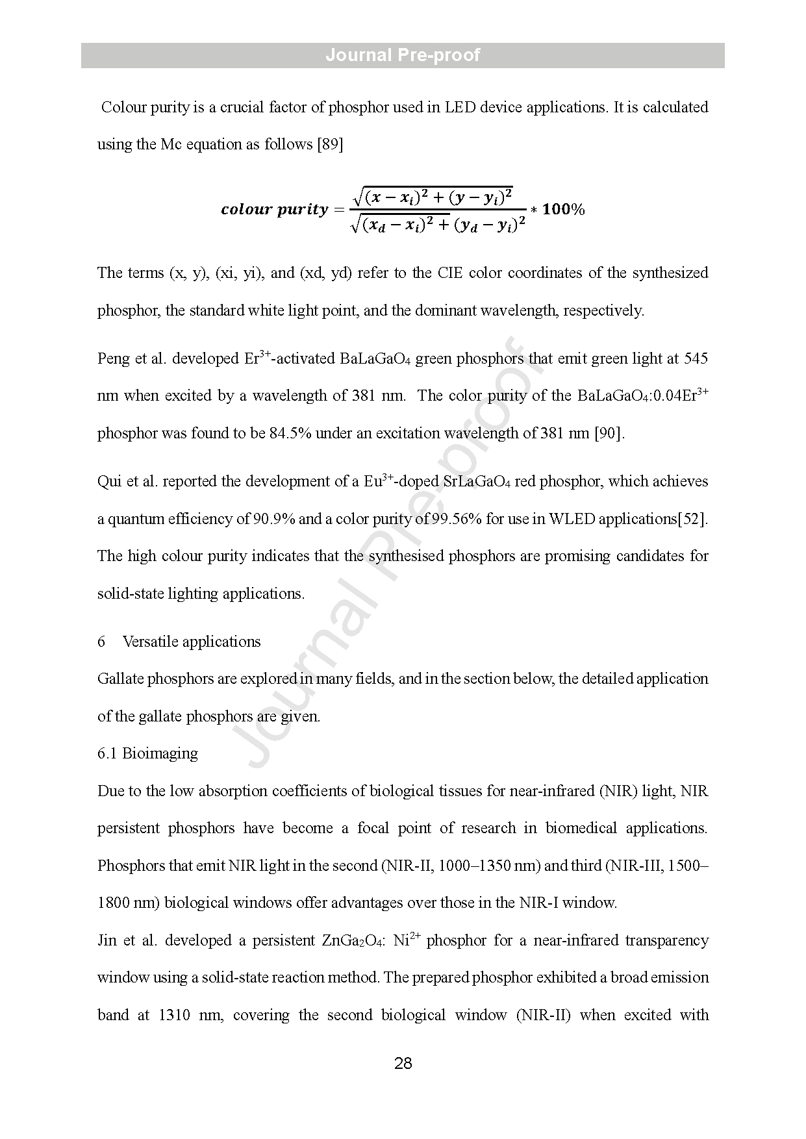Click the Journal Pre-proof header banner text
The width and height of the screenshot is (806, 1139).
point(403,55)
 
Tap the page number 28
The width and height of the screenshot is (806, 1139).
point(403,1063)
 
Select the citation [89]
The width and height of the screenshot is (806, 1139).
point(329,144)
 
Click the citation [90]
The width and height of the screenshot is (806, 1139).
point(609,433)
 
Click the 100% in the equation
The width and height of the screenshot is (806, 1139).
point(563,209)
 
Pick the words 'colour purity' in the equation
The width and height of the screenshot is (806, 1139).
point(274,209)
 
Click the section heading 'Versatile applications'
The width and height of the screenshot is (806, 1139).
point(192,642)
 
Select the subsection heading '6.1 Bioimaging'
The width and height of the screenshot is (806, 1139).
point(147,753)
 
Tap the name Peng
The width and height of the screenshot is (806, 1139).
point(113,359)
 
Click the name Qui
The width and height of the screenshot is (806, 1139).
point(109,482)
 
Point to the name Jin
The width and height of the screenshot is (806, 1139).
point(108,941)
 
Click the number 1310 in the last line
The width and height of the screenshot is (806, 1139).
point(174,1015)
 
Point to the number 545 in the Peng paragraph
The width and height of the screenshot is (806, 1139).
point(696,359)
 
